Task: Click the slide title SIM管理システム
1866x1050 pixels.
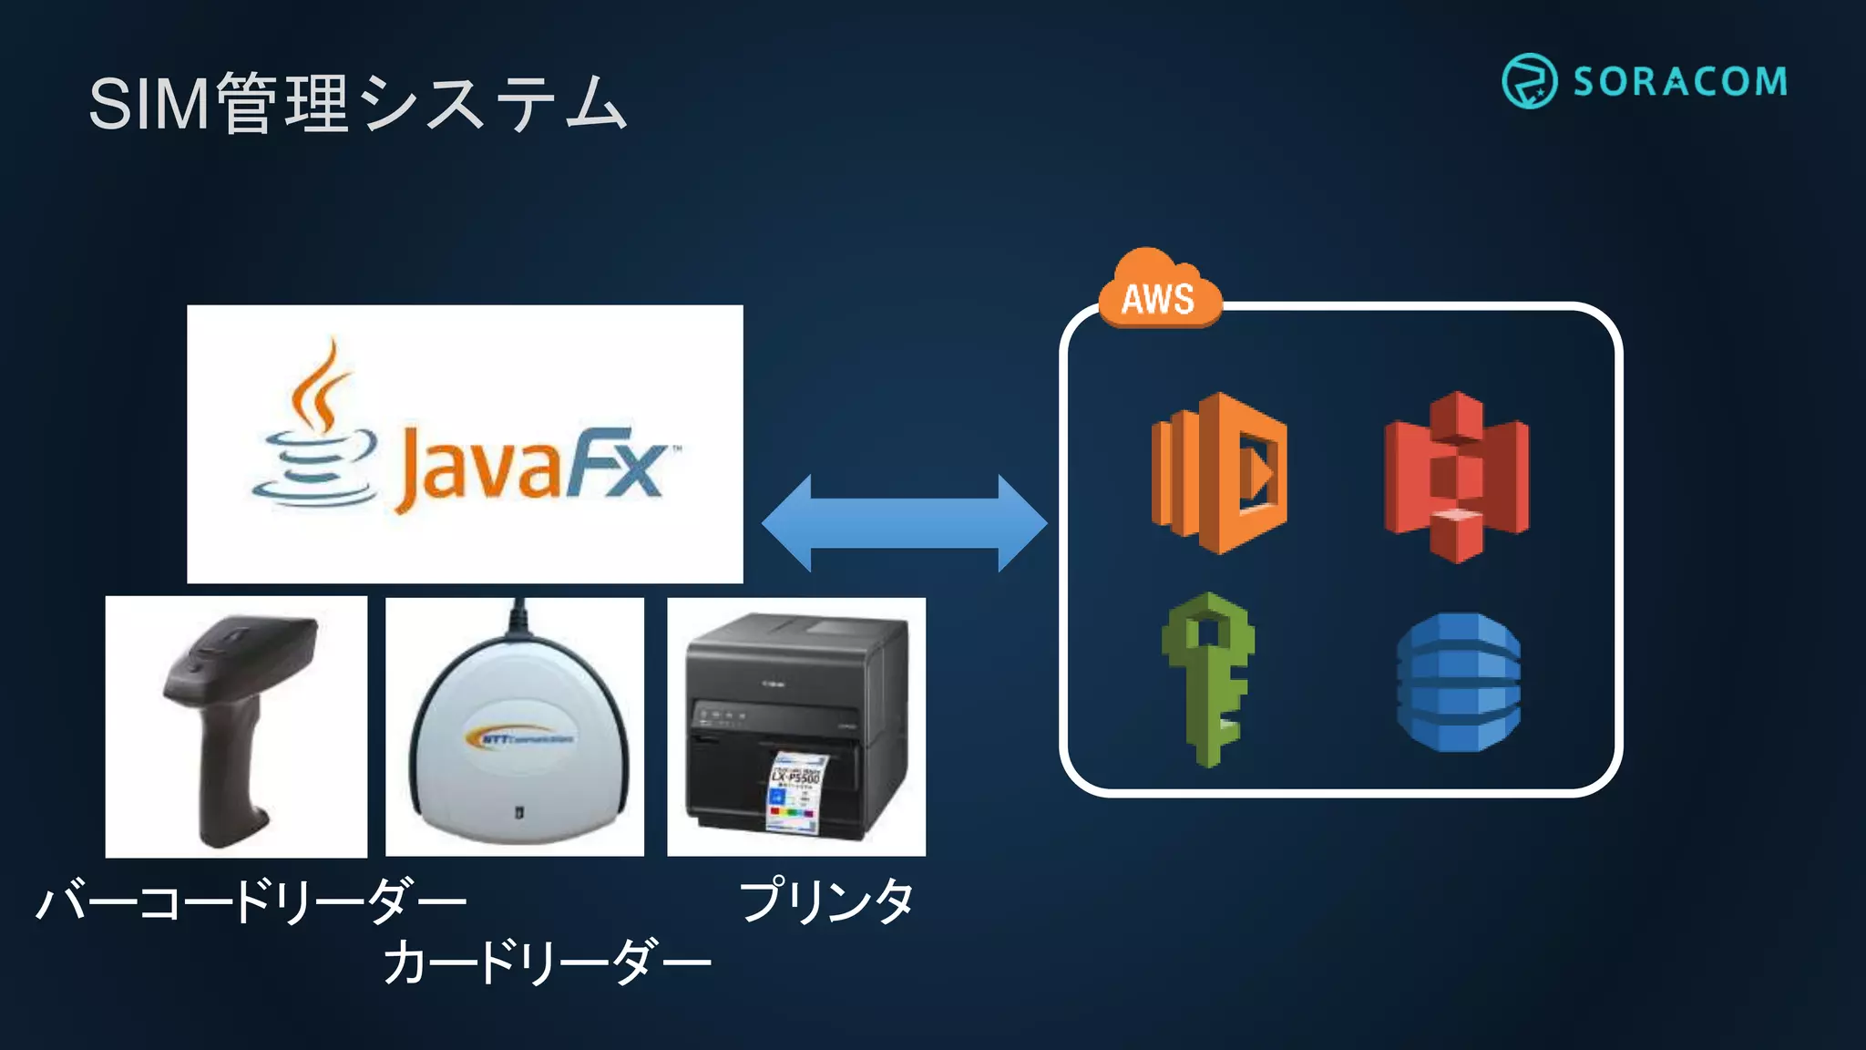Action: (357, 103)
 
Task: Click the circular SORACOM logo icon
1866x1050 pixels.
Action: (1529, 81)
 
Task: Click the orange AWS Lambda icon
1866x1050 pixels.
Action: (1219, 473)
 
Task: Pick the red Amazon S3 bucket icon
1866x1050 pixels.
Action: (1456, 477)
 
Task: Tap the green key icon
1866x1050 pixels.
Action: (1208, 679)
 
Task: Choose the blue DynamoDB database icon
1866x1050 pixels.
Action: (1458, 682)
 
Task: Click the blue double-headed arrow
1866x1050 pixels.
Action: (904, 523)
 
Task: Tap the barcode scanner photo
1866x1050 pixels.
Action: (236, 726)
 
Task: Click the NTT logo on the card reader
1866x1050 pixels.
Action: (518, 736)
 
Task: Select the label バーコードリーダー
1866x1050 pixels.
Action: (251, 901)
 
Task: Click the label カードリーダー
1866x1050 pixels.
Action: (546, 962)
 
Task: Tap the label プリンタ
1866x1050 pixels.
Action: (825, 901)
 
